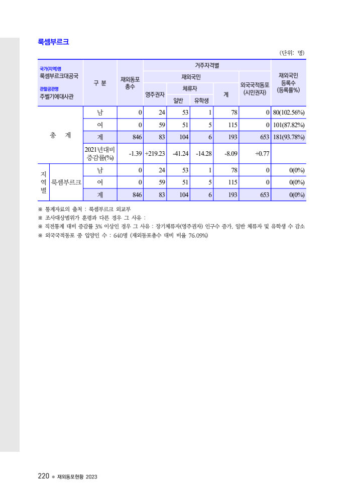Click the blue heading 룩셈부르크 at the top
53,42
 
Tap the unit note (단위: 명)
292,52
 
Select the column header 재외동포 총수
130,83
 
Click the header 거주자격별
207,65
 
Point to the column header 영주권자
155,94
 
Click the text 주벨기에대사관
56,96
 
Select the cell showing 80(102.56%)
289,112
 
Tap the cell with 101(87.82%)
289,125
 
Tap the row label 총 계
61,135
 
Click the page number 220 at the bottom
43,476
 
